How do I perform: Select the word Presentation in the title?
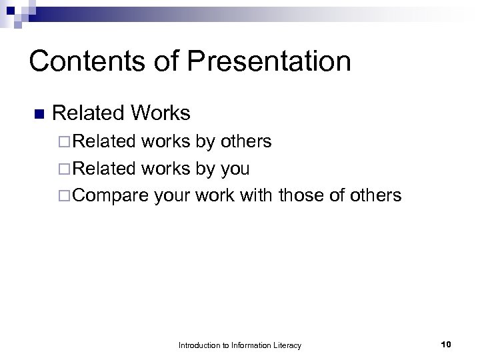270,61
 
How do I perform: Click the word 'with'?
257,195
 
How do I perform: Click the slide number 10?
446,344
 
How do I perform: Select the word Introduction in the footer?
201,345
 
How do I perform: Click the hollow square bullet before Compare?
64,196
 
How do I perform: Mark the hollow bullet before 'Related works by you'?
64,169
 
